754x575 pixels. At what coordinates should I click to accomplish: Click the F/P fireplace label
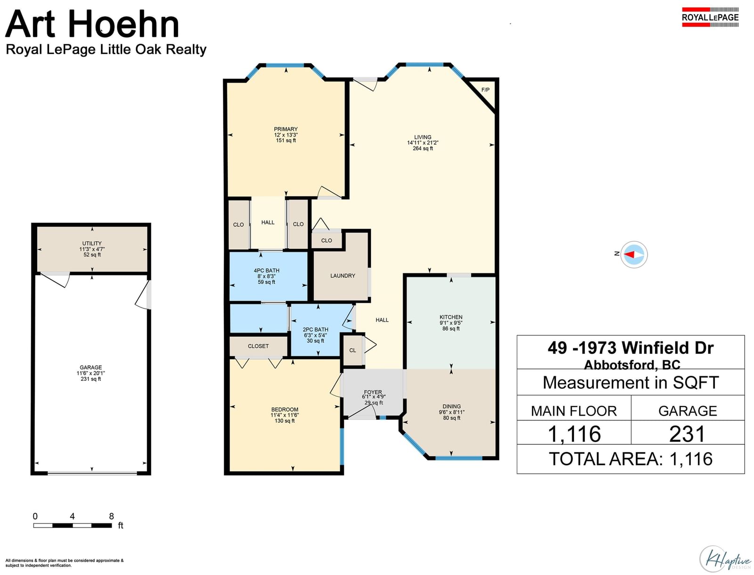click(x=485, y=90)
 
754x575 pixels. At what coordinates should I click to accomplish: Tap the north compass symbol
click(x=634, y=255)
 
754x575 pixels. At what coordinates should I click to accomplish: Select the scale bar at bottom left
click(x=73, y=525)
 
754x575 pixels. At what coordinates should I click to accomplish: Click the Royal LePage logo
click(x=710, y=17)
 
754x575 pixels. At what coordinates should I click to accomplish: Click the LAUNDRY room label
click(x=343, y=276)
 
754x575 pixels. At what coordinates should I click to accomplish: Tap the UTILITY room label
click(x=92, y=244)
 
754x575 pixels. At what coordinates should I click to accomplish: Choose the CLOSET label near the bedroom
click(x=258, y=346)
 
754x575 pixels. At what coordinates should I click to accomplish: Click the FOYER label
click(x=373, y=392)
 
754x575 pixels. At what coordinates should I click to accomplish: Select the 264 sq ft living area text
click(x=423, y=149)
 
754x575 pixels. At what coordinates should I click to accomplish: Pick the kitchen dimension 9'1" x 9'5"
click(x=451, y=323)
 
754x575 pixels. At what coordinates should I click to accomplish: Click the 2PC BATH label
click(x=315, y=329)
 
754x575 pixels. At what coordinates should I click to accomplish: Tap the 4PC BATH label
click(x=266, y=271)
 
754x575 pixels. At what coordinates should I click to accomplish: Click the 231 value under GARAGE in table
click(x=688, y=434)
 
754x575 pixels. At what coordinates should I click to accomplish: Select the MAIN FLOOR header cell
click(x=574, y=411)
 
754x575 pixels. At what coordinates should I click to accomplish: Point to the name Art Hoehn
click(x=92, y=24)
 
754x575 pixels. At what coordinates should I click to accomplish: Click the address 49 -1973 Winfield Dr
click(x=631, y=348)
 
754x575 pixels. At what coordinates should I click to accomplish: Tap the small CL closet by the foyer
click(x=352, y=350)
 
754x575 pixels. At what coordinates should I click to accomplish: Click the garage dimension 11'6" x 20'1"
click(x=90, y=373)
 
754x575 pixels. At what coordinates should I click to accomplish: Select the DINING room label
click(x=452, y=406)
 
